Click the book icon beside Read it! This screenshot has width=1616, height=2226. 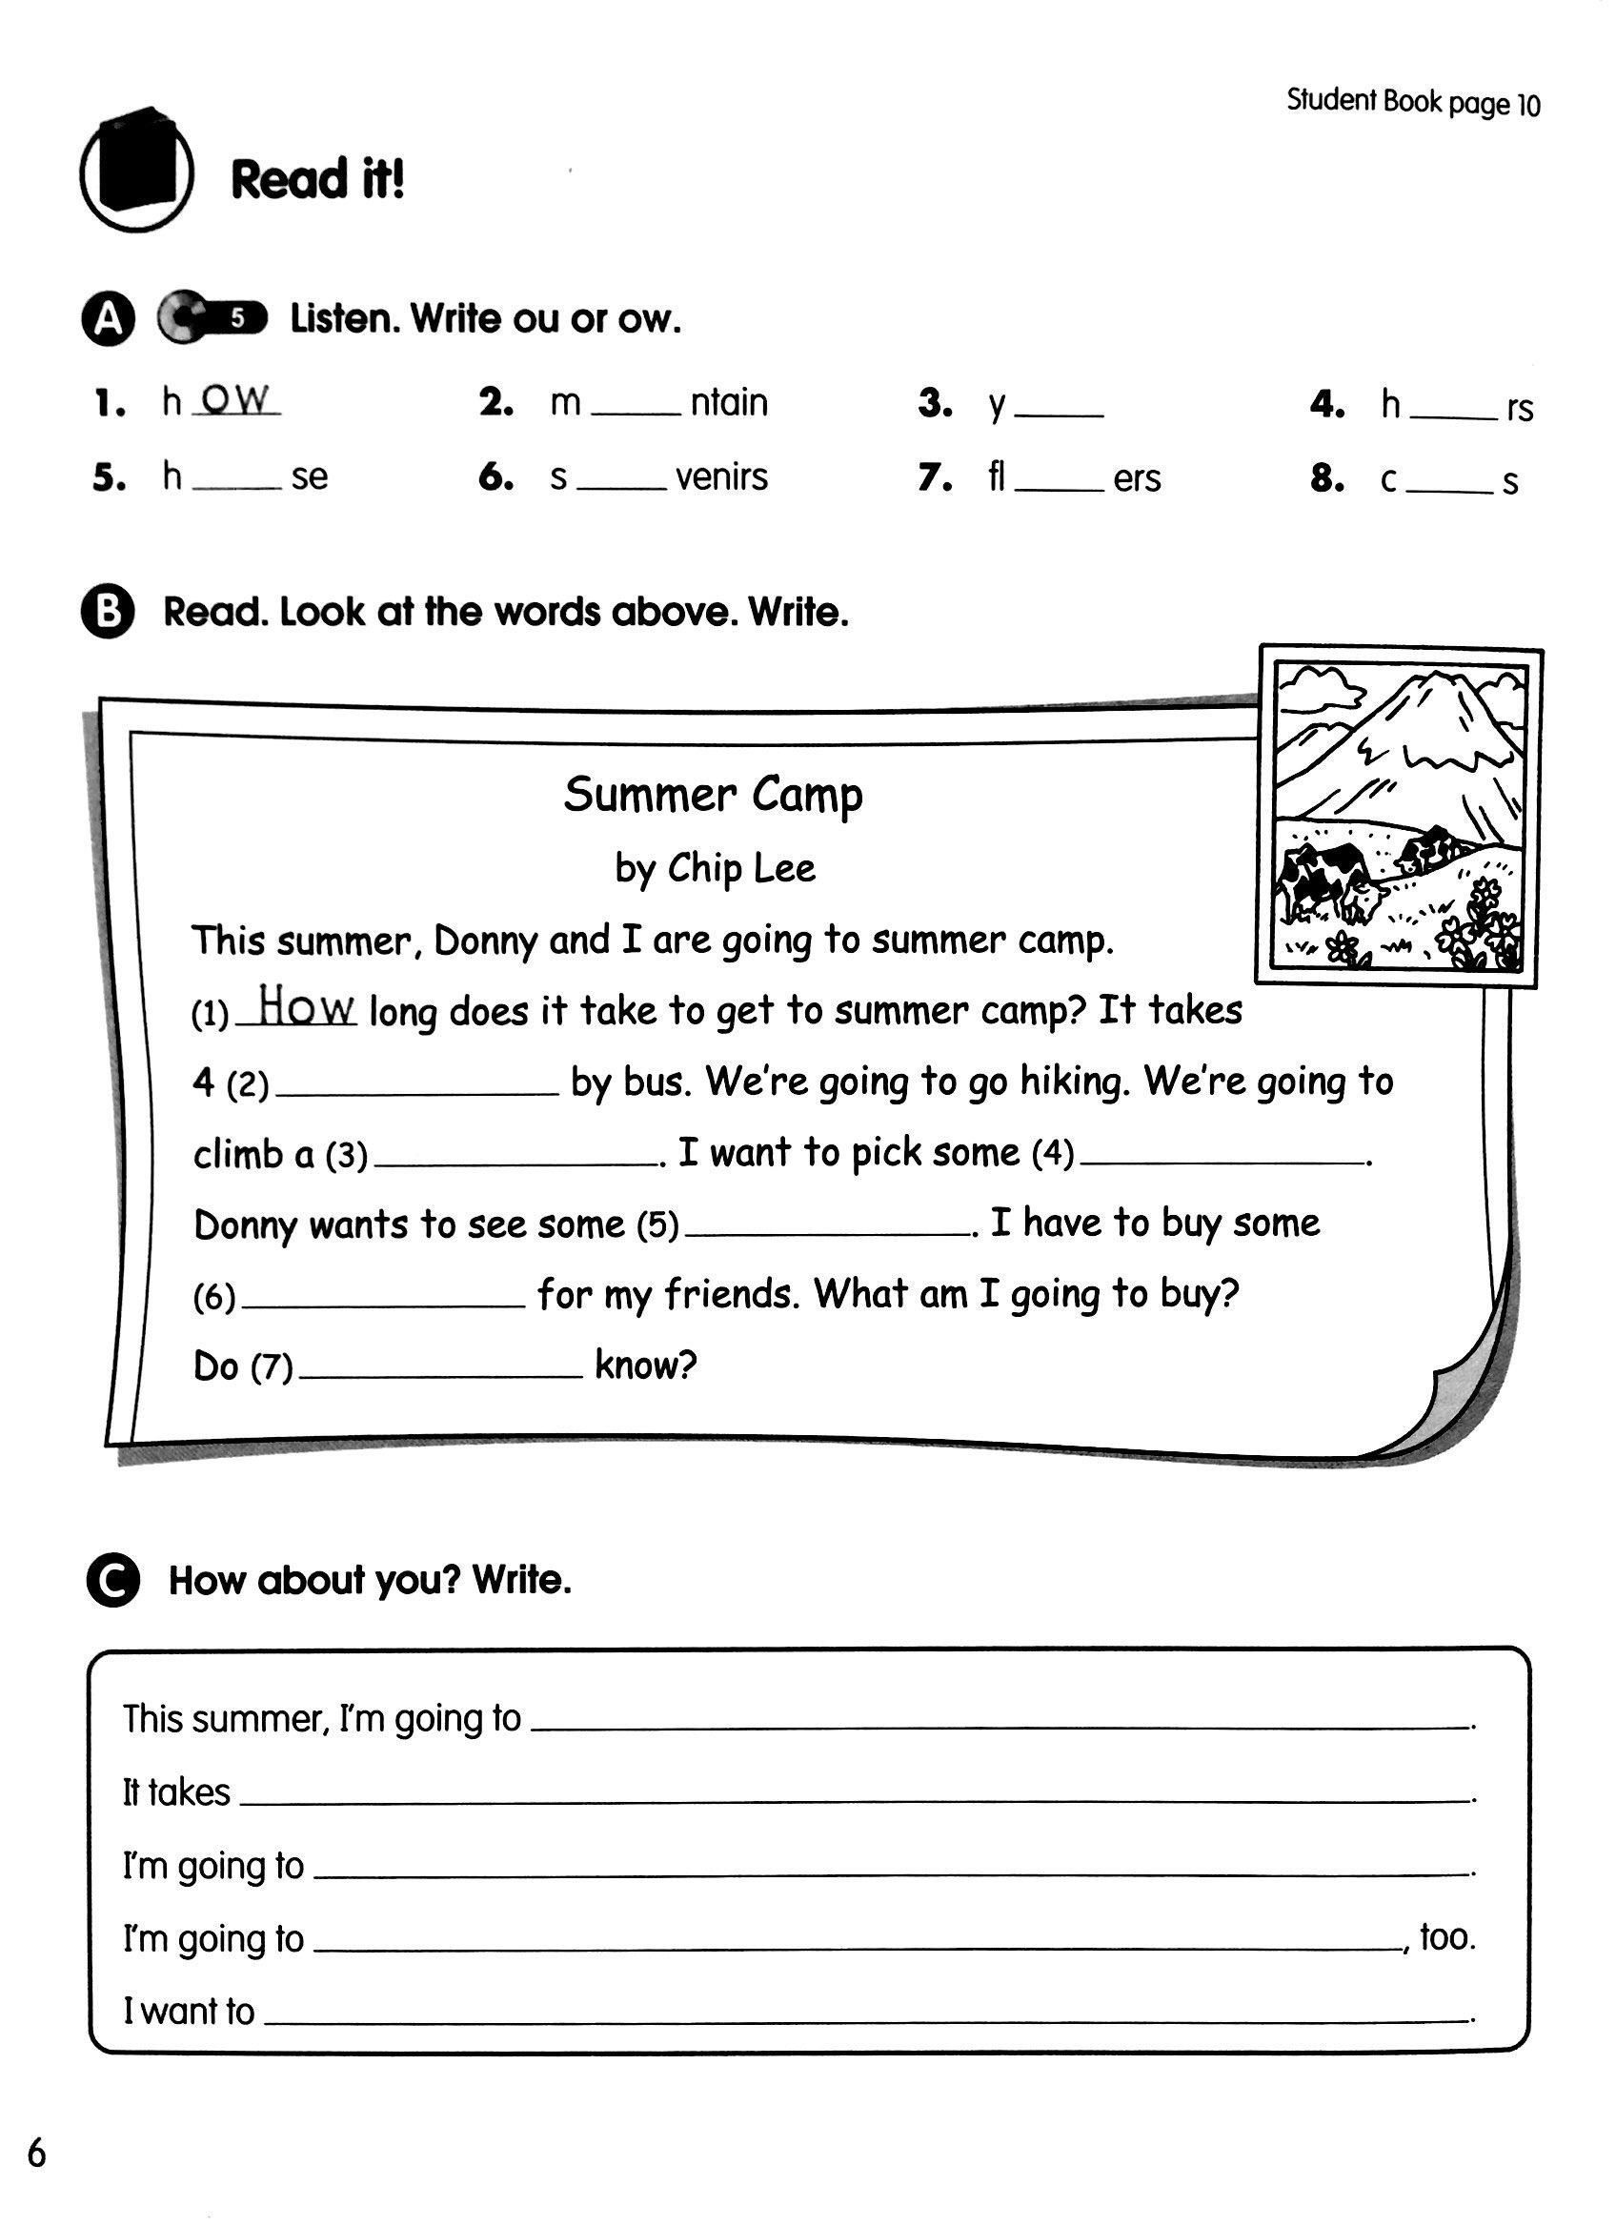pyautogui.click(x=136, y=168)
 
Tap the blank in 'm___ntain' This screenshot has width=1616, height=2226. pyautogui.click(x=635, y=410)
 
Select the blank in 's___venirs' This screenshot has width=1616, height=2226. pyautogui.click(x=621, y=484)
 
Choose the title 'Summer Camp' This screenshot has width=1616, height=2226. pyautogui.click(x=713, y=795)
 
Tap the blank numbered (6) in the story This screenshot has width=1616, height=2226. pyautogui.click(x=383, y=1301)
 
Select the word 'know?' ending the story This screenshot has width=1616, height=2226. pyautogui.click(x=645, y=1366)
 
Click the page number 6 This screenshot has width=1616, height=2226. pyautogui.click(x=36, y=2154)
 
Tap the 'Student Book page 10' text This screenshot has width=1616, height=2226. pyautogui.click(x=1413, y=102)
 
